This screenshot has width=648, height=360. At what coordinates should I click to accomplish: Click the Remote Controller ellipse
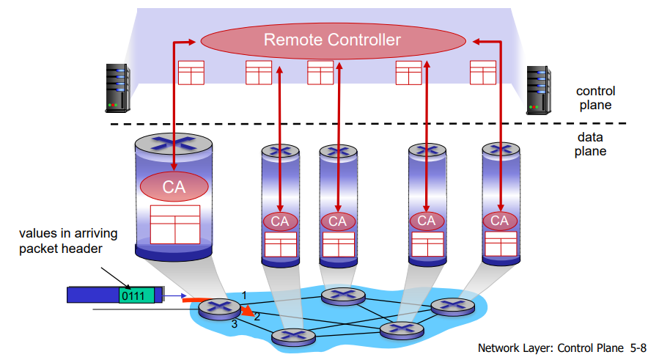333,40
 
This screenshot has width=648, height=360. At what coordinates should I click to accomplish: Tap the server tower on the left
118,88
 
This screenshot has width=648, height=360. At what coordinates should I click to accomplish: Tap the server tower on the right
539,90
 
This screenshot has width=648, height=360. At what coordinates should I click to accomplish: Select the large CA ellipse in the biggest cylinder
174,187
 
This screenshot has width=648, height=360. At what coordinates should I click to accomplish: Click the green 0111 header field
136,295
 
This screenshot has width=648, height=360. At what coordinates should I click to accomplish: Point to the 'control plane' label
595,98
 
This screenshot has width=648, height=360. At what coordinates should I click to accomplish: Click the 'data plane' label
590,144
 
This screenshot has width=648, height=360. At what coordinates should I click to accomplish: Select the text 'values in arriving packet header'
68,240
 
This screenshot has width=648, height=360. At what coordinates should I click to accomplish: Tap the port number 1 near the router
244,295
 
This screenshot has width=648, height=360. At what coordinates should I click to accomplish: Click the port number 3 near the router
235,324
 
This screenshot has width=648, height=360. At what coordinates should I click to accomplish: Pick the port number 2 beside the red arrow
257,317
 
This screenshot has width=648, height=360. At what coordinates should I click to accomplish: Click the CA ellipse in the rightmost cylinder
500,221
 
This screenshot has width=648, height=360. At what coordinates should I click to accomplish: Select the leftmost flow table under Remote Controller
191,73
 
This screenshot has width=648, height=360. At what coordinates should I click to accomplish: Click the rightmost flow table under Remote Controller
483,73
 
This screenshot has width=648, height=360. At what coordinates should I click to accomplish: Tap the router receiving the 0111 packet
219,309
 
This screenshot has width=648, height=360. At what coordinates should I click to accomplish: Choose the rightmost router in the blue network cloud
453,306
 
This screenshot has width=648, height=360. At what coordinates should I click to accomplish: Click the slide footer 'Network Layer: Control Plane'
551,348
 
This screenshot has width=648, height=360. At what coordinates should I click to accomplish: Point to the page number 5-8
638,348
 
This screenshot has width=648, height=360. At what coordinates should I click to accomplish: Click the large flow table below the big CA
175,224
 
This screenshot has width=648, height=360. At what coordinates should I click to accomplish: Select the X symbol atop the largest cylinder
174,143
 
